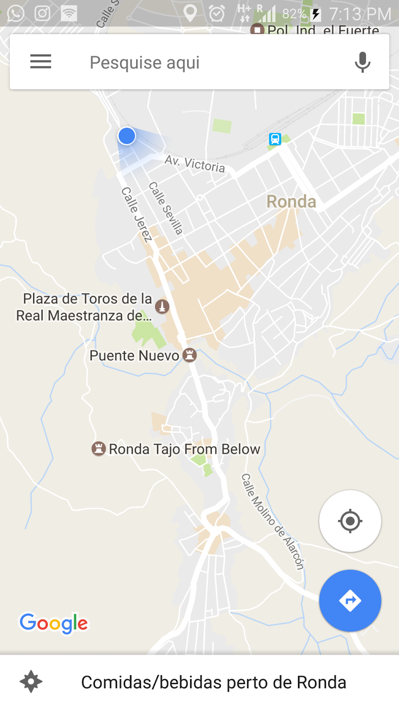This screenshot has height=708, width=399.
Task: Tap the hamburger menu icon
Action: point(41,62)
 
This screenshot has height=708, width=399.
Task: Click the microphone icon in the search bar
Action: point(362,62)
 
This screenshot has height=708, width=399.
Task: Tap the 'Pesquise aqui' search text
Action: point(145,62)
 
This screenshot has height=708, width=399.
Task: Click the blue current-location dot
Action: point(127,136)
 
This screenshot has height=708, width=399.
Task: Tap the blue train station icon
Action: point(275,139)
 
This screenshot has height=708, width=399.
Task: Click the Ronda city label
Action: point(291,202)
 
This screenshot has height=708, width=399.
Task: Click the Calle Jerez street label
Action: point(137,214)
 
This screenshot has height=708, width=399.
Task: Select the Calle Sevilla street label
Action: point(165,208)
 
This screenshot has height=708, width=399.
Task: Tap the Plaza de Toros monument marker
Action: point(162,306)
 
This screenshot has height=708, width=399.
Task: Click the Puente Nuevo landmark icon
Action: point(190,355)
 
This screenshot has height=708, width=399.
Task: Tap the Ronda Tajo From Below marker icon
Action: point(98,449)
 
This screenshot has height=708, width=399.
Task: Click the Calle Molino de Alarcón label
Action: point(273,521)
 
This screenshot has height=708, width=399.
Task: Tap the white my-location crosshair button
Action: point(350,521)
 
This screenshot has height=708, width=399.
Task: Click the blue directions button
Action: point(350,600)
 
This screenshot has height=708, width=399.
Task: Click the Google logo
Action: point(54,623)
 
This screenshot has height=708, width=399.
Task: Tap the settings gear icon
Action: point(31,681)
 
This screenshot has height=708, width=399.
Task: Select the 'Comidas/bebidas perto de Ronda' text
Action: point(213,682)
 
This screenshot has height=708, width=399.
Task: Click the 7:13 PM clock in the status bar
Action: point(360,14)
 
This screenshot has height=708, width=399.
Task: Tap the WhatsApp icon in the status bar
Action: point(16,13)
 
